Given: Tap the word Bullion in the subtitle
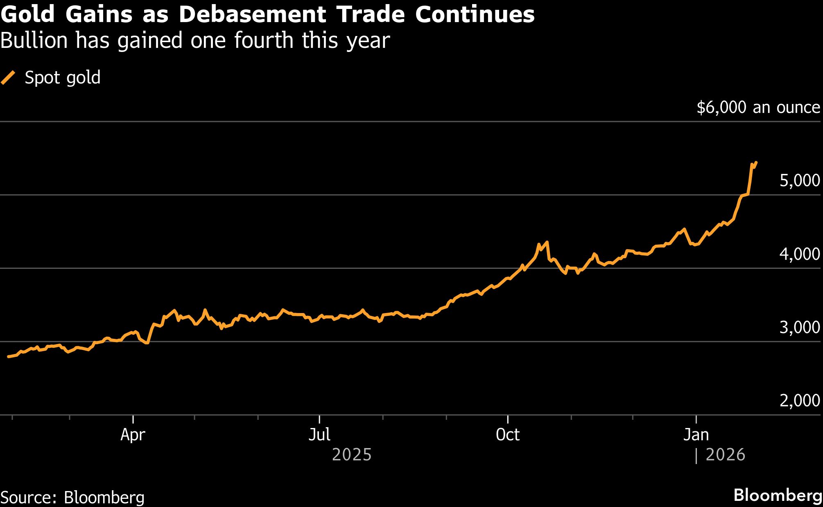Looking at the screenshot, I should click(34, 41).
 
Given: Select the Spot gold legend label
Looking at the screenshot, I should click(63, 77).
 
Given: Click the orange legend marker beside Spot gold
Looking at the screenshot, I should click(8, 77).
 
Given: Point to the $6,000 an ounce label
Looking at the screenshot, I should click(758, 107).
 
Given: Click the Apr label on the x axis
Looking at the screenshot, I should click(133, 435).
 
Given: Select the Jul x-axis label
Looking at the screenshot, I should click(319, 435).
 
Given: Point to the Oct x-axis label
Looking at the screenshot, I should click(508, 435).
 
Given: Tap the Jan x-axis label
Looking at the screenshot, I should click(696, 435).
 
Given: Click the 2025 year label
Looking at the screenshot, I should click(352, 455).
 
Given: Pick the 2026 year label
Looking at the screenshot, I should click(726, 455).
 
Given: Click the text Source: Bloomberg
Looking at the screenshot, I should click(72, 497).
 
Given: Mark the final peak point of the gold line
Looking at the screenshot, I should click(756, 162).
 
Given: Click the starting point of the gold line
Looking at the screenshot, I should click(9, 357).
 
